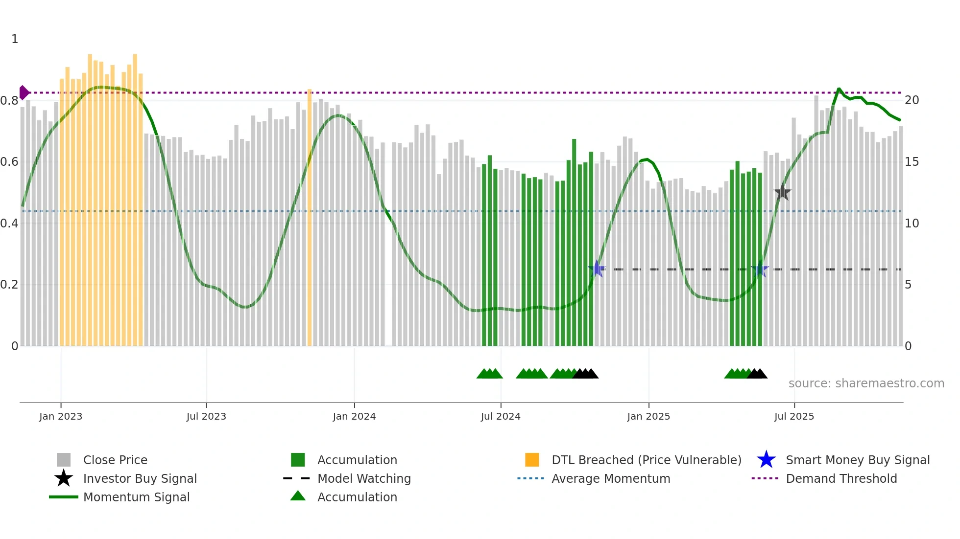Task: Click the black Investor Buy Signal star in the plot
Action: click(x=782, y=192)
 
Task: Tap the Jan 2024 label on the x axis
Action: click(x=354, y=416)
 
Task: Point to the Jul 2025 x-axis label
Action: click(x=794, y=416)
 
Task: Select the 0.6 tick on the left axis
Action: click(x=9, y=162)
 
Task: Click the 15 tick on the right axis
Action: click(x=912, y=162)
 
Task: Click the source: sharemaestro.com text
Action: click(x=866, y=383)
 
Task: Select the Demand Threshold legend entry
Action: click(x=841, y=478)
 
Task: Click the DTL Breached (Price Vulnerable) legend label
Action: click(x=646, y=460)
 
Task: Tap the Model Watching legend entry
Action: click(x=364, y=478)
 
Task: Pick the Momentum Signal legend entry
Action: click(x=136, y=497)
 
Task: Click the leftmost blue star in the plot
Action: click(x=597, y=269)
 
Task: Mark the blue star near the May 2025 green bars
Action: click(x=760, y=269)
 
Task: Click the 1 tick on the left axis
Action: click(x=15, y=39)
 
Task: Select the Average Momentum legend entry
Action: click(x=610, y=478)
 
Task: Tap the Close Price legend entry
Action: click(x=115, y=460)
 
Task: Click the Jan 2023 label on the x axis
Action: click(x=61, y=416)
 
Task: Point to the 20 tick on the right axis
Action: click(x=912, y=100)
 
